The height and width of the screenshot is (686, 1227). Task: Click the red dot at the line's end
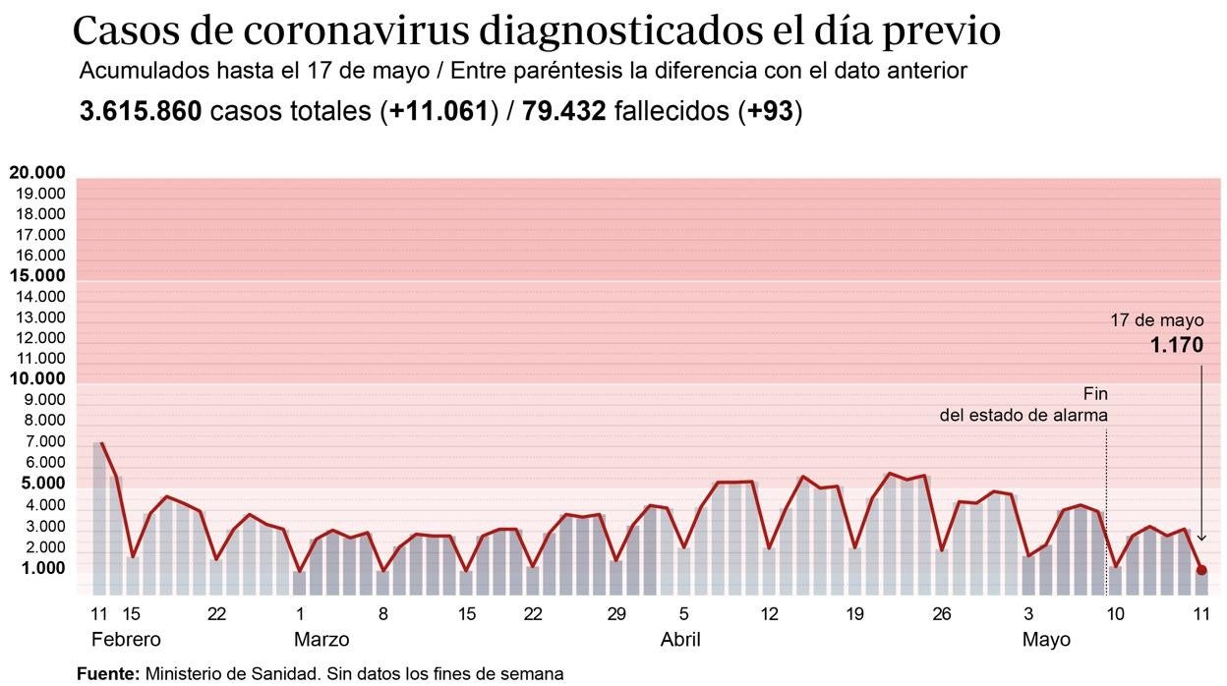[x=1200, y=570]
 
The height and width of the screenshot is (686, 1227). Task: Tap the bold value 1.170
[x=1177, y=346]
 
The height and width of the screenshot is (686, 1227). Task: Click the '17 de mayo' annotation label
[x=1156, y=320]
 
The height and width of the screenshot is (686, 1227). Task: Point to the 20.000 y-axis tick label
[x=37, y=173]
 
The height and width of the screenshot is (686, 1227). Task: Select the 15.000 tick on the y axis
[x=37, y=276]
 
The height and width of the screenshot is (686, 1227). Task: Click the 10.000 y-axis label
[x=37, y=379]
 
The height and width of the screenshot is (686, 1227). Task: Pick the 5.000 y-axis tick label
[x=37, y=484]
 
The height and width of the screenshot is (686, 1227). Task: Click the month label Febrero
[x=125, y=640]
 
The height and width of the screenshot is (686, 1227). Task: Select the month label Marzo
[x=321, y=640]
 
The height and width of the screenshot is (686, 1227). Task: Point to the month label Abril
[x=680, y=640]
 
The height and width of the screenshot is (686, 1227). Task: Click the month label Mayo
[x=1046, y=640]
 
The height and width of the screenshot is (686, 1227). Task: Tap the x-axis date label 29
[x=616, y=614]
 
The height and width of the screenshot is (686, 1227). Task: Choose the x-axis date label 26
[x=942, y=614]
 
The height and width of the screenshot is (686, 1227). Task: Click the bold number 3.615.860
[x=141, y=111]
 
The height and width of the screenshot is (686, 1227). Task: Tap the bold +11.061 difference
[x=438, y=111]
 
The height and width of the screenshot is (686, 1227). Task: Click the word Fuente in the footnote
[x=108, y=674]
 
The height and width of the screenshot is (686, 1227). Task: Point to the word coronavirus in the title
[x=355, y=31]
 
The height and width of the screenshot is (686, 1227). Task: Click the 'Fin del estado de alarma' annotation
[x=1023, y=405]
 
